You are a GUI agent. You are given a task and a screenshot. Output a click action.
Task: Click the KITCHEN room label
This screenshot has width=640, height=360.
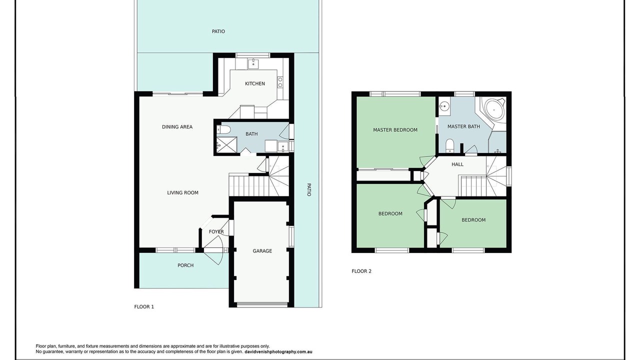tap(255, 83)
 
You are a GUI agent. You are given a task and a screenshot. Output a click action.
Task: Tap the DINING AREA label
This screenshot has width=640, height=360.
tap(177, 127)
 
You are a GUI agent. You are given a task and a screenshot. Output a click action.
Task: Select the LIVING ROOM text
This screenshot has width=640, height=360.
tap(182, 193)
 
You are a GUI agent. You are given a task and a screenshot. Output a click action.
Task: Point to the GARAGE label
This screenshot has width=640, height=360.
tap(262, 251)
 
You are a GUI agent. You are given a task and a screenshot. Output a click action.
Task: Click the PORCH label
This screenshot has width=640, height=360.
tap(185, 265)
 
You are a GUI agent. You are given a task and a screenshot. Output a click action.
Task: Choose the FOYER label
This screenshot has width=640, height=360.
tap(216, 231)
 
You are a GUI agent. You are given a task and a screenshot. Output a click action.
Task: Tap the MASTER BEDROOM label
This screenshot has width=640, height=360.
tap(395, 130)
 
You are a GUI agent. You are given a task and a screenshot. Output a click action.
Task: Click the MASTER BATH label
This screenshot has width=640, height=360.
tap(463, 126)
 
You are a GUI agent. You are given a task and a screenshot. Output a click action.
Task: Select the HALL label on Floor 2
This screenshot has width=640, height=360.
tap(457, 164)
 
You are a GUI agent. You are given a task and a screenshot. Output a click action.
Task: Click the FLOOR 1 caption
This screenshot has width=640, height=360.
tap(144, 307)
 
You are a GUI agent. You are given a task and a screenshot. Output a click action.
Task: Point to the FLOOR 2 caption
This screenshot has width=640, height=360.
tap(361, 271)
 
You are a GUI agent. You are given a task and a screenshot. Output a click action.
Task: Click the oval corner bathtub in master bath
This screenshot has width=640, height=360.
tap(494, 109)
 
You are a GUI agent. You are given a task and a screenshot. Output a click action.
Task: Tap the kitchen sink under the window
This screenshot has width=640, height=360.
tap(253, 63)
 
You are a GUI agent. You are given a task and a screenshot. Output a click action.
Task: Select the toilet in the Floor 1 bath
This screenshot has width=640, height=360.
tap(223, 130)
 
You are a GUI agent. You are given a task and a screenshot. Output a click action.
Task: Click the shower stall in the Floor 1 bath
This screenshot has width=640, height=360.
tap(226, 145)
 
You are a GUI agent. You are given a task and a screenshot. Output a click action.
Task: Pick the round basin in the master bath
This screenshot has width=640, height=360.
tap(444, 106)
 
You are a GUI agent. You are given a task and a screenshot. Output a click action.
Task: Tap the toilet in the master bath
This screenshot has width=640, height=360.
tap(449, 145)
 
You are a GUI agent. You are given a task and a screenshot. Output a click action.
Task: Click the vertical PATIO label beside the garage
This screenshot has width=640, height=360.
tap(308, 189)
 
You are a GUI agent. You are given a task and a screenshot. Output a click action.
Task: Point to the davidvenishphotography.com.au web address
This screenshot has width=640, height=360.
tap(278, 352)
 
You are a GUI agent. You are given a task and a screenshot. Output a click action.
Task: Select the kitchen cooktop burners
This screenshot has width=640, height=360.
tap(280, 82)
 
